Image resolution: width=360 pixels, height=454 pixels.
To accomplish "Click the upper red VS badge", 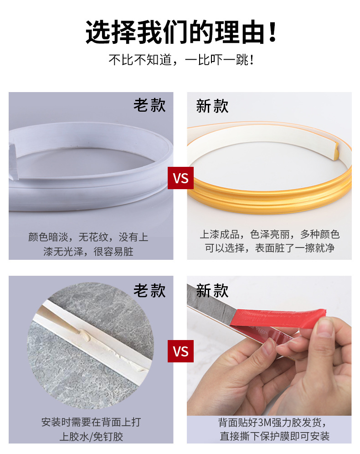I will (180, 178).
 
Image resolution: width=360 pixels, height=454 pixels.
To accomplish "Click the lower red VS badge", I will (180, 351).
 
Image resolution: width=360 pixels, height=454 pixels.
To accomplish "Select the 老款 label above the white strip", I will (149, 105).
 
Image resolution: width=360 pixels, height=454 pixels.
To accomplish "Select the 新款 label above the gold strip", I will (212, 106).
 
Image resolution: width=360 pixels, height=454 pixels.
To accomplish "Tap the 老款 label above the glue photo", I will (149, 290).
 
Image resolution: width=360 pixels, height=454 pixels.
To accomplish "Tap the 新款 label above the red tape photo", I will (212, 290).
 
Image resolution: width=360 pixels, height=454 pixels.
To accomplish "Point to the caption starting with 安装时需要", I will (91, 429).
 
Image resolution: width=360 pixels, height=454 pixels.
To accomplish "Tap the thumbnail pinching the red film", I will (324, 326).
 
